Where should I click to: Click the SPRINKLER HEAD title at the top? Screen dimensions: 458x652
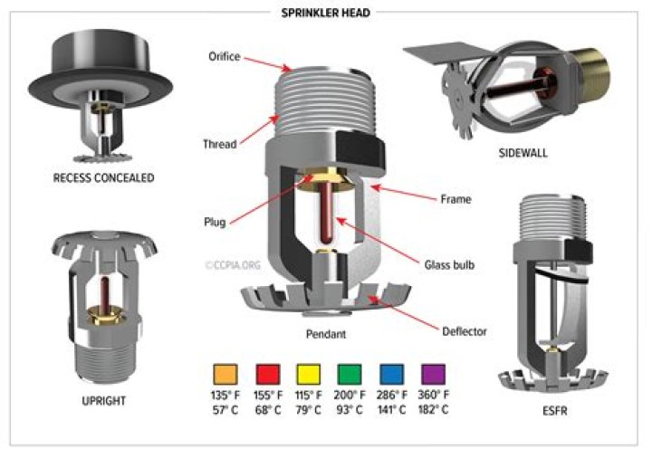(x=326, y=12)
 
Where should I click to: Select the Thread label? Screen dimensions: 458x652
(x=221, y=144)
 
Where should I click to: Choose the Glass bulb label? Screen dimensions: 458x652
(x=449, y=265)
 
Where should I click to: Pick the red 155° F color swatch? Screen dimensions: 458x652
(x=265, y=374)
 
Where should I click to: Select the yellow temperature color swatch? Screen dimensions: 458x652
(x=308, y=374)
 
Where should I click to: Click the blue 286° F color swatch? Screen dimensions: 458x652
(x=391, y=374)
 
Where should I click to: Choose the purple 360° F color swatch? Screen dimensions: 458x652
(x=433, y=374)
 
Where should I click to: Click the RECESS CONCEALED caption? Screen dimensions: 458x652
(x=102, y=178)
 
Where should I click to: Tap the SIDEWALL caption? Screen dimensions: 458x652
(x=523, y=153)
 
